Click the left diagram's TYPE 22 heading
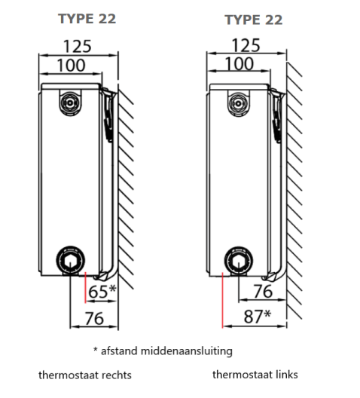tap(87, 19)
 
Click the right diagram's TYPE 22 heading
tap(254, 20)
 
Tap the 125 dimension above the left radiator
tap(77, 47)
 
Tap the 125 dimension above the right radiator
tap(246, 45)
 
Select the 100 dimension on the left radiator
tap(71, 66)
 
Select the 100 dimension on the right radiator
tap(239, 64)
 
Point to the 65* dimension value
tap(102, 291)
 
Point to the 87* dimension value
tap(258, 317)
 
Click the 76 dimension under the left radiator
tap(94, 318)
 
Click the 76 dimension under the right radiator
tap(263, 291)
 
